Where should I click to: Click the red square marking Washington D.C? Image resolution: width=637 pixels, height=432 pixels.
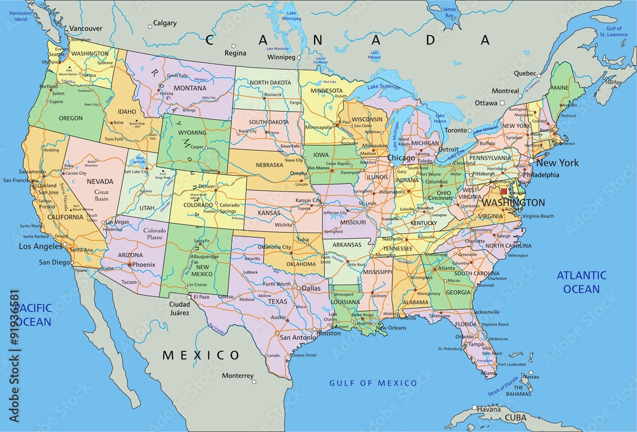point(504,191)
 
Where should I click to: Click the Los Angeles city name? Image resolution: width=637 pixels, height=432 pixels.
point(40,246)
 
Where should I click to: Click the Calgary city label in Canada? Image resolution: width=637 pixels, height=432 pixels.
point(165,23)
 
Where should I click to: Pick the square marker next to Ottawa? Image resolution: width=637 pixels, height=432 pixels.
point(502,103)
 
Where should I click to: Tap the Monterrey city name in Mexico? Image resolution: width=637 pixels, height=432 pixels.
point(238,375)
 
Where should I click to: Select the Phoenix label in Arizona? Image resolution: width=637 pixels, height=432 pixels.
point(145,264)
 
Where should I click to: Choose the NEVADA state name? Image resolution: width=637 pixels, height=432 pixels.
point(100,182)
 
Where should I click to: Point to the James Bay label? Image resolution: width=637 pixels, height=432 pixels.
point(450,12)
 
